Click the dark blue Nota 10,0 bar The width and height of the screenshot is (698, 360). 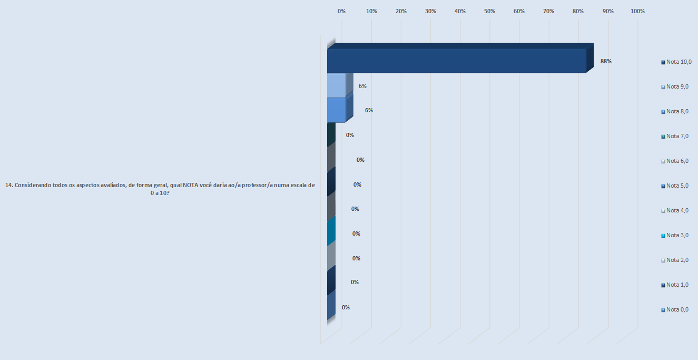456,61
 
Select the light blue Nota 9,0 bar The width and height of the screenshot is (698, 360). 336,85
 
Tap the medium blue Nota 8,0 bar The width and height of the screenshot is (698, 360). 336,110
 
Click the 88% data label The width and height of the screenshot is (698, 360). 606,61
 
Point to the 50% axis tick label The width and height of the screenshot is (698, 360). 489,11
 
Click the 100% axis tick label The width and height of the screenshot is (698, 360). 637,11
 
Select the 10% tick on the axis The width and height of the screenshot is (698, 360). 371,11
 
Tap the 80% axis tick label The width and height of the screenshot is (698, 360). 578,11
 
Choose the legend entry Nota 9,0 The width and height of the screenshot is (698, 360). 677,86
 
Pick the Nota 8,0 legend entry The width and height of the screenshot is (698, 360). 677,111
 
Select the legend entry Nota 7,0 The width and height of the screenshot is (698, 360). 677,136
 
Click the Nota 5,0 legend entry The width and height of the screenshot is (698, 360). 677,186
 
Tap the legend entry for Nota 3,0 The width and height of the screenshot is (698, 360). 677,235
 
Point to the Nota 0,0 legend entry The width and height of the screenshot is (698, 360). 677,309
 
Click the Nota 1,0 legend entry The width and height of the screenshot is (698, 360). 677,285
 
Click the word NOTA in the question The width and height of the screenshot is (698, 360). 191,185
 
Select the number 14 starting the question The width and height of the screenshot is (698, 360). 8,185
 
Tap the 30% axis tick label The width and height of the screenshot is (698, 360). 430,11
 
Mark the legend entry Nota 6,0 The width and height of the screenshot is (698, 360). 677,161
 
